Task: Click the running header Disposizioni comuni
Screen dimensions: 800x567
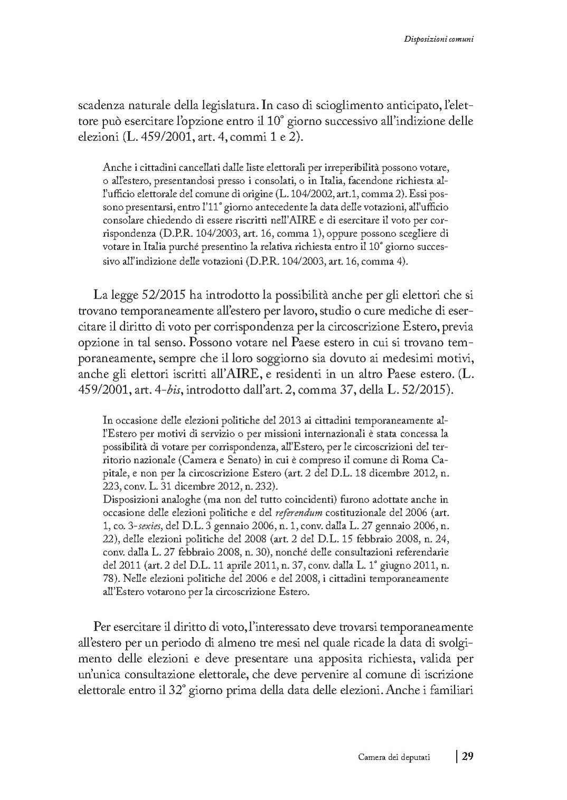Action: pos(438,38)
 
